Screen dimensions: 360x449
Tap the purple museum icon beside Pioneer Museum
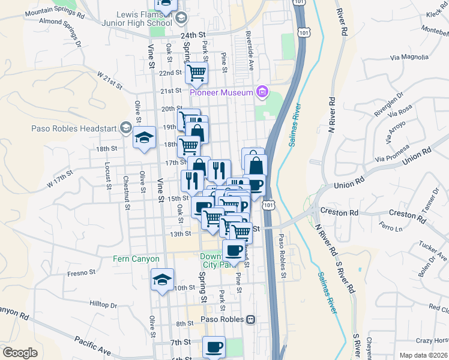click(x=262, y=92)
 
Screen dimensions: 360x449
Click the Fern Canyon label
click(x=137, y=259)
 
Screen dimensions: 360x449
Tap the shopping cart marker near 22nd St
click(x=197, y=73)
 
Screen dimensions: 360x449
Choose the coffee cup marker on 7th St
click(x=214, y=346)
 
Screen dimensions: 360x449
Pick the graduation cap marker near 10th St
click(x=162, y=280)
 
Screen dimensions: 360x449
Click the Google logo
click(x=20, y=352)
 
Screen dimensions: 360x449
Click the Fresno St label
click(x=82, y=272)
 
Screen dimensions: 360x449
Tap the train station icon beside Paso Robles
click(x=251, y=319)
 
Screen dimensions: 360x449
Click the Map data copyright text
click(x=423, y=355)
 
